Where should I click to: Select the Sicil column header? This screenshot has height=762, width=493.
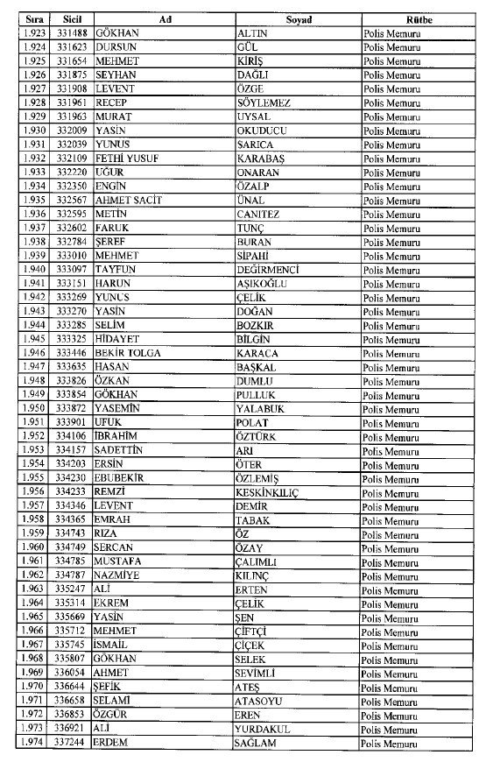point(71,18)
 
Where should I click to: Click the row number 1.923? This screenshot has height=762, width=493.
point(34,32)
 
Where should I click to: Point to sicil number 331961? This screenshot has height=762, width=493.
point(71,102)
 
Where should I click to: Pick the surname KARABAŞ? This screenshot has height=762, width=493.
point(262,159)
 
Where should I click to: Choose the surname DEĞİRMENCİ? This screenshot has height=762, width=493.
point(268,270)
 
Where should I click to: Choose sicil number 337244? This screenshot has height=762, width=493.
point(71,743)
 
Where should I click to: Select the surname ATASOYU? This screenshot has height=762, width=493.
point(262,701)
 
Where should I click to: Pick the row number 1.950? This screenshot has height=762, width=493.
point(34,409)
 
